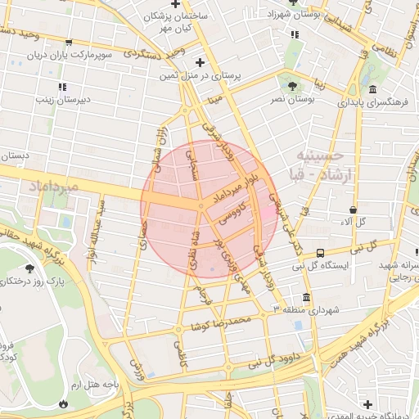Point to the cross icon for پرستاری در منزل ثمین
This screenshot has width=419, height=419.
(x=200, y=62)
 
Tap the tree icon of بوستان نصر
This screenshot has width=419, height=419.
(x=293, y=85)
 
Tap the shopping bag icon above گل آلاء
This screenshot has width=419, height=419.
(x=353, y=209)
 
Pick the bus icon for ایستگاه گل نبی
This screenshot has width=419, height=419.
(x=320, y=253)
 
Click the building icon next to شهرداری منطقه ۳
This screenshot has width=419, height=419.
(x=306, y=298)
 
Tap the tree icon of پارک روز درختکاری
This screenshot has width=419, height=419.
(x=30, y=268)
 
